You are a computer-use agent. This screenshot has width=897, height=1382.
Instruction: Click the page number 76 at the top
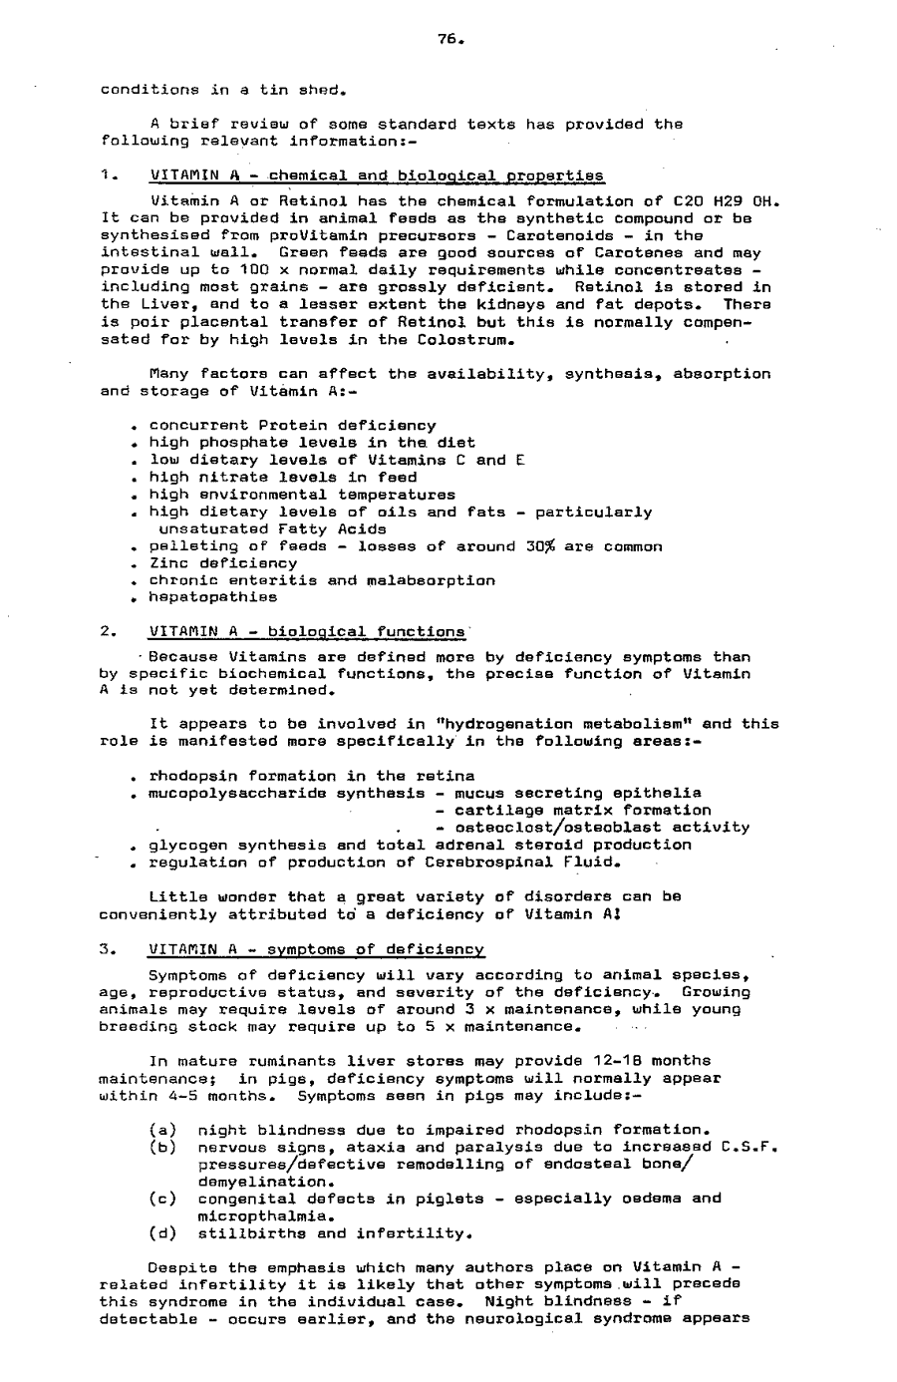click(449, 40)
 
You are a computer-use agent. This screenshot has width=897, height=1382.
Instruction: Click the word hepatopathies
click(213, 597)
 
